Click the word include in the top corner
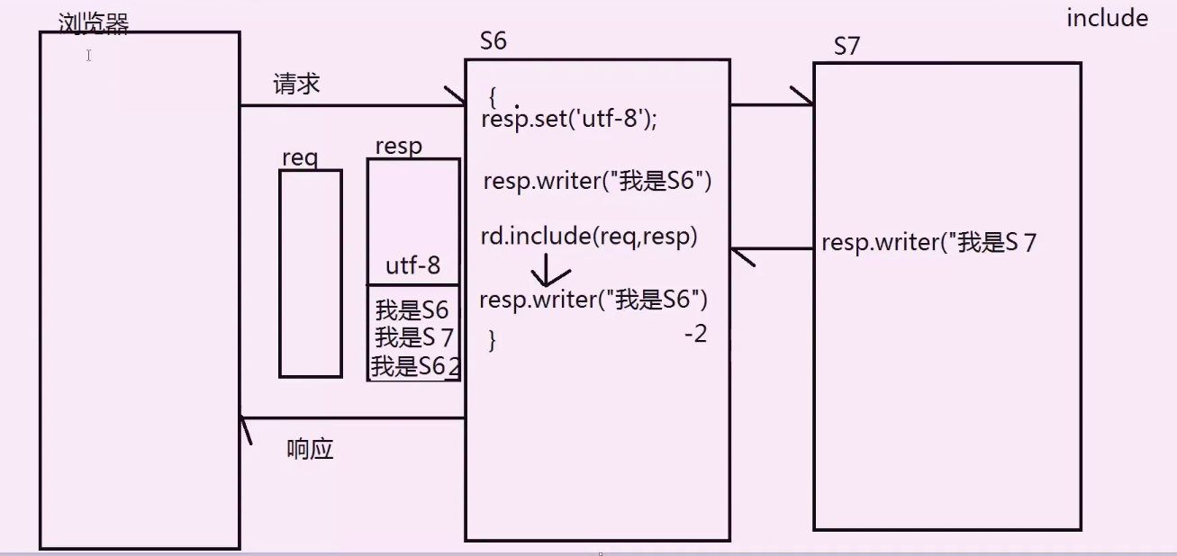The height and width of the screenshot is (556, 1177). click(x=1107, y=19)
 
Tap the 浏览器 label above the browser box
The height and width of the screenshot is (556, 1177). click(x=93, y=23)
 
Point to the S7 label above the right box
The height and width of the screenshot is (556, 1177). click(x=847, y=47)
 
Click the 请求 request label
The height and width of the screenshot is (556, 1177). click(x=296, y=85)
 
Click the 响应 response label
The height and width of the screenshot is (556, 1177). click(x=310, y=449)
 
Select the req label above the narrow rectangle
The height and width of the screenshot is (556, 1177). click(x=299, y=157)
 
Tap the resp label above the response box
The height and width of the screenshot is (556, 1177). click(x=398, y=147)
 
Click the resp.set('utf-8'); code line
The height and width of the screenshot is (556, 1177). click(x=569, y=119)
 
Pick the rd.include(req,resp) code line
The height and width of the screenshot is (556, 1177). click(x=589, y=237)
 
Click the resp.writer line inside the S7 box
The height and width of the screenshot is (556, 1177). click(x=928, y=243)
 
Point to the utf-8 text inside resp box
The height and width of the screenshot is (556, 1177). click(x=413, y=265)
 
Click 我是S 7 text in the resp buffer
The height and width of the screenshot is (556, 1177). click(x=413, y=338)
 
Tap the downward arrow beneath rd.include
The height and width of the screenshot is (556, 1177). click(x=549, y=270)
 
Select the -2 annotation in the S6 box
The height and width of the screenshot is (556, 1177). click(x=695, y=334)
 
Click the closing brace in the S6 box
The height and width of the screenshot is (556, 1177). click(x=492, y=340)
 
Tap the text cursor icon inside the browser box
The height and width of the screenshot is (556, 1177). click(x=89, y=56)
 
